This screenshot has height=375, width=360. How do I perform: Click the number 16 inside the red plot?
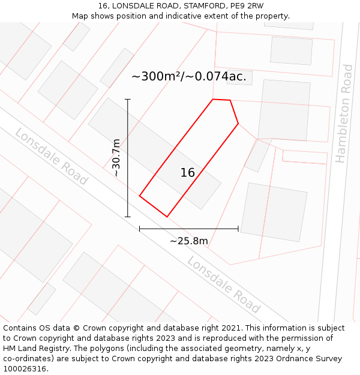(188, 173)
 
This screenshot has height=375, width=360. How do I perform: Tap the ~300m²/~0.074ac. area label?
(188, 76)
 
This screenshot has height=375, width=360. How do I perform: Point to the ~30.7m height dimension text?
(116, 157)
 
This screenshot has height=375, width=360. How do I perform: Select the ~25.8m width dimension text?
(188, 241)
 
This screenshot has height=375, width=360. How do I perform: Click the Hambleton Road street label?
(344, 113)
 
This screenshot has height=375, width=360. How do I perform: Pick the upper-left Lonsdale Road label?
(51, 156)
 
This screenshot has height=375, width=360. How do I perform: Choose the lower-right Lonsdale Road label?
(223, 285)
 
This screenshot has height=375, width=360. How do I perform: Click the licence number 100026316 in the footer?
(24, 369)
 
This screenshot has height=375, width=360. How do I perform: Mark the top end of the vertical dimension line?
(128, 99)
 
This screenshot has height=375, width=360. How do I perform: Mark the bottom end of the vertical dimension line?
(128, 217)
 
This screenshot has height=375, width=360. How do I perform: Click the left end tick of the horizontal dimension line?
(139, 229)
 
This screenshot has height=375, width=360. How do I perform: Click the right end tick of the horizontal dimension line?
(238, 229)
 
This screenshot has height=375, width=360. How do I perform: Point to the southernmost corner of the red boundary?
(167, 217)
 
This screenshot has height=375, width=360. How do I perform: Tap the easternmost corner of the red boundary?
(238, 124)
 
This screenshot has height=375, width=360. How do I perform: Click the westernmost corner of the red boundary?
(139, 196)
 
